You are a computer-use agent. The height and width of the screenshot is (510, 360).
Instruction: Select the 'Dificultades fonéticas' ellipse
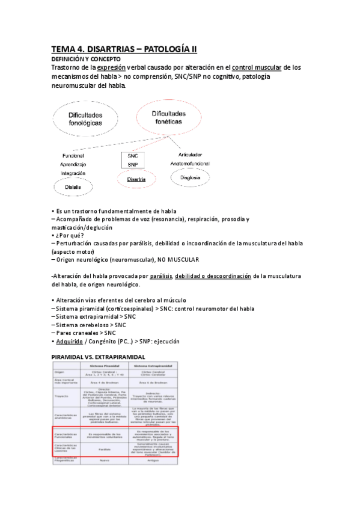coord(169,117)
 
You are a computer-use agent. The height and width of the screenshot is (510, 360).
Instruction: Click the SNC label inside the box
coord(133,155)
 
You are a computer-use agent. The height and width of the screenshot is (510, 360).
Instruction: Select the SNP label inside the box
coord(133,164)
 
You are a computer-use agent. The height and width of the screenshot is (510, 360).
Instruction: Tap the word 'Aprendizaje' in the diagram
coord(74,164)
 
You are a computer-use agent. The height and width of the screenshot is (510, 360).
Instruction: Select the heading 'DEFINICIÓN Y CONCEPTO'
coord(86,59)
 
